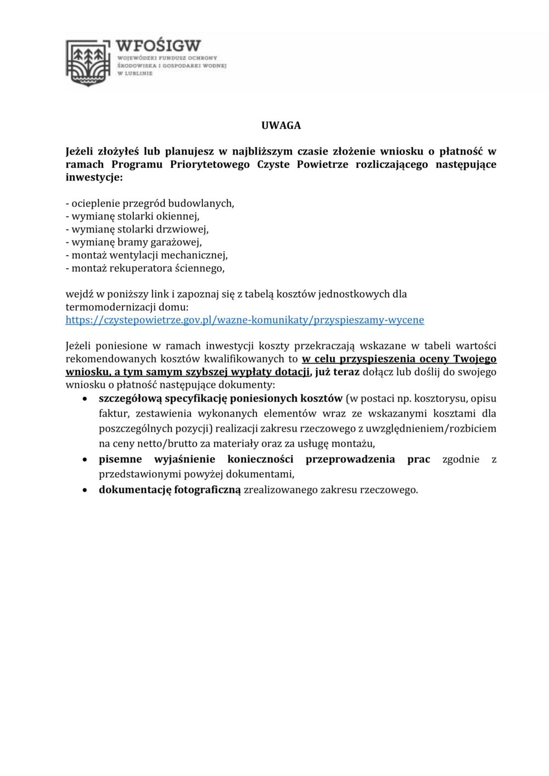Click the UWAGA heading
coord(281,126)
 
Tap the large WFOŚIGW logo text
coord(158,46)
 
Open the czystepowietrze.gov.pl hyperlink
coord(244,320)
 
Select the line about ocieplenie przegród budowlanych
coord(150,203)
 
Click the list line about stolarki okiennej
coord(132,216)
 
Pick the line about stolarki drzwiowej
coord(137,229)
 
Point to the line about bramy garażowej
coord(133,242)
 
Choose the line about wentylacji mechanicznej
coord(147,255)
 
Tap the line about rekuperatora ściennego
coord(145,268)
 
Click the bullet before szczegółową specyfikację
coord(85,399)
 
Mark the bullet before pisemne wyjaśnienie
coord(85,460)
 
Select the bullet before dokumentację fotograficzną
coord(85,490)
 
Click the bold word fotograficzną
coord(208,490)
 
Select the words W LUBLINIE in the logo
coord(135,73)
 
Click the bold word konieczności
coord(260,460)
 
